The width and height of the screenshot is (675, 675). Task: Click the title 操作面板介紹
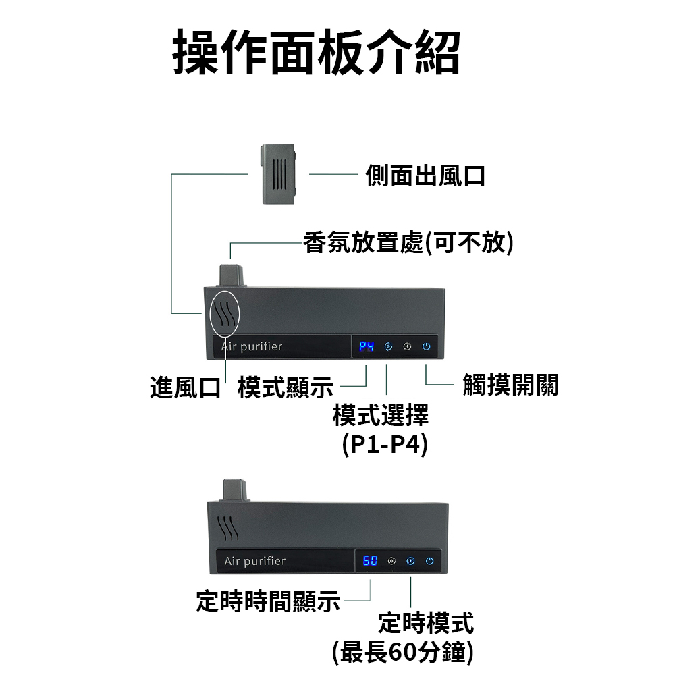(317, 53)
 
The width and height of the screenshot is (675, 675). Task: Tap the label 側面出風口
(425, 175)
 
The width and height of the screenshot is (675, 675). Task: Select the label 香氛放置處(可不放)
(408, 242)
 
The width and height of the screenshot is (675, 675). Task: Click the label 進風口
(185, 387)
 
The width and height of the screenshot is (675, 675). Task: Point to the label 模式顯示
(286, 387)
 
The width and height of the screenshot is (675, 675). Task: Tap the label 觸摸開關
(510, 385)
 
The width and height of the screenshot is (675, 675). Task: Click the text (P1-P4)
(385, 444)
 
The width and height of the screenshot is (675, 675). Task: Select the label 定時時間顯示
(268, 601)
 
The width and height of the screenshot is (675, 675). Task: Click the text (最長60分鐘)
(403, 652)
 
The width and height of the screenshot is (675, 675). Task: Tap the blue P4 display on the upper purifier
(367, 346)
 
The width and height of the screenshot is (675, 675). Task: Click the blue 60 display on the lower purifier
(370, 560)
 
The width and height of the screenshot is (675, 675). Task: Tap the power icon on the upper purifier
(426, 346)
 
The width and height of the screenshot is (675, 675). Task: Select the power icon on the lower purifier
(429, 561)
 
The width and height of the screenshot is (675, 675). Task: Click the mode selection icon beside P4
(388, 346)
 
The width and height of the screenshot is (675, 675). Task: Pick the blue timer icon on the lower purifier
(410, 561)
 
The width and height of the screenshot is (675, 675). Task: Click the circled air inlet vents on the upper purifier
(224, 313)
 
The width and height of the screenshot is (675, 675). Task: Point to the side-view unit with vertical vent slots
(279, 174)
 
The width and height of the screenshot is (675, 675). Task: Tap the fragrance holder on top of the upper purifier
(232, 275)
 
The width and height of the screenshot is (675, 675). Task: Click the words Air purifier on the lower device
(255, 561)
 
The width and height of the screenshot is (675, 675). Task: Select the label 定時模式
(426, 622)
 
